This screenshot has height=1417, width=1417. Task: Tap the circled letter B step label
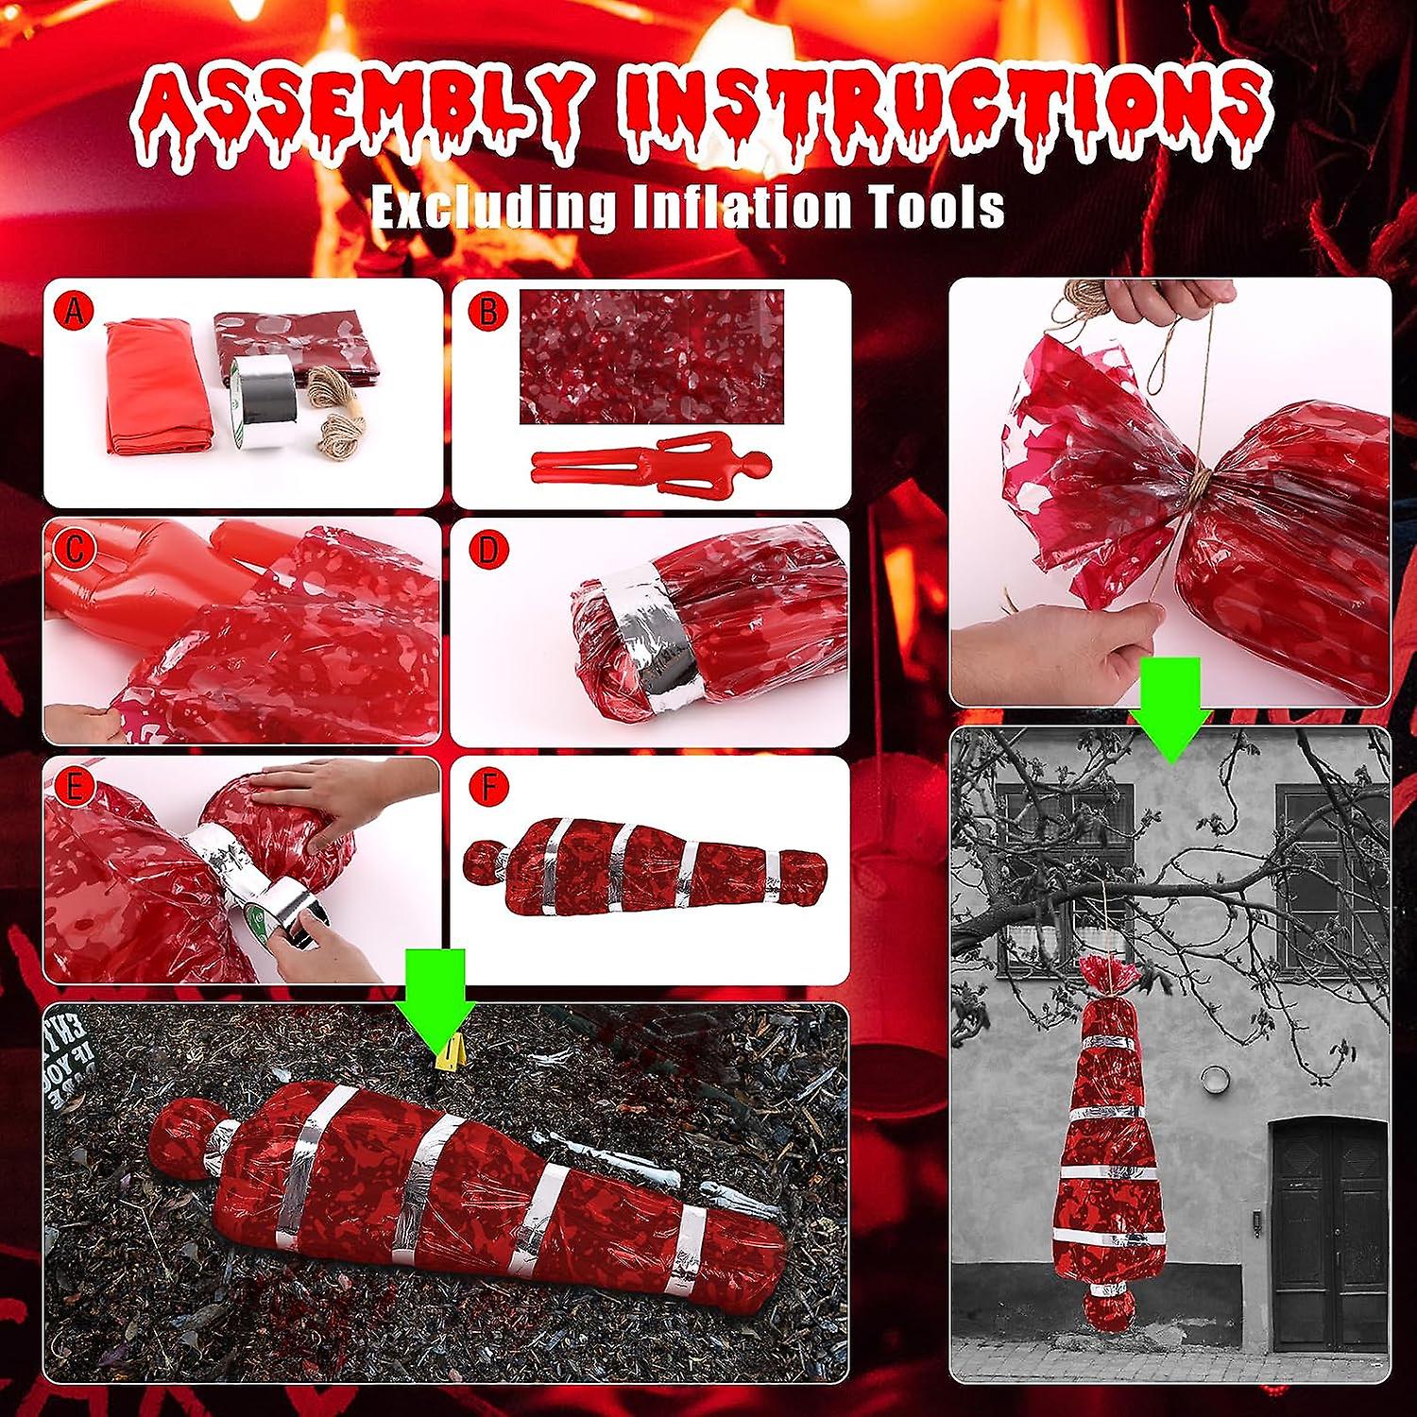coord(488,311)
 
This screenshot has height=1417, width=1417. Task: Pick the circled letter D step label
coord(488,549)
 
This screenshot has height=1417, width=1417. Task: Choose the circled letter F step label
coord(488,787)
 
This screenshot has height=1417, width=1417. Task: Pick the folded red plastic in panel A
coord(157,387)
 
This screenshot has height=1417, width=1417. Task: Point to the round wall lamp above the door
coord(1214,1078)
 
